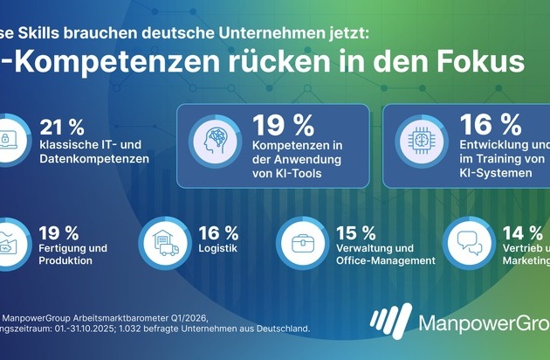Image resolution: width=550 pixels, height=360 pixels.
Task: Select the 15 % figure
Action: pos(356,232)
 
